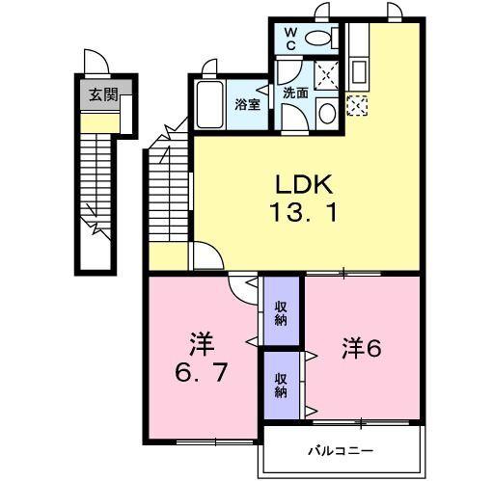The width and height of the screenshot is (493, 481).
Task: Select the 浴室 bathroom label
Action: [x=248, y=105]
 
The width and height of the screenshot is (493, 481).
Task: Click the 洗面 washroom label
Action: [x=295, y=94]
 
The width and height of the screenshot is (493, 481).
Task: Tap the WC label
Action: [x=290, y=40]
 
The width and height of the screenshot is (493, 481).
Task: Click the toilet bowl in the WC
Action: [x=321, y=38]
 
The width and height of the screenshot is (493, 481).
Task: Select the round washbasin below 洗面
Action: [x=325, y=114]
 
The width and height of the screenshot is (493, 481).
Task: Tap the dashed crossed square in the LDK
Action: [x=357, y=105]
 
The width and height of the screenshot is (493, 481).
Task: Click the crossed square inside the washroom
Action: [x=326, y=73]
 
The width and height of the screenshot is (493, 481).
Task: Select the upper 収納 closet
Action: [x=281, y=312]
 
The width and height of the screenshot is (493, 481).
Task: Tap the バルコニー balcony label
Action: [x=341, y=451]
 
